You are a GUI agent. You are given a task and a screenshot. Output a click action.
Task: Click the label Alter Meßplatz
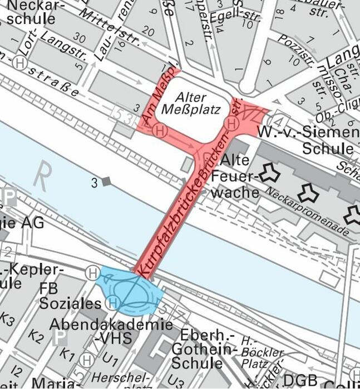(190, 103)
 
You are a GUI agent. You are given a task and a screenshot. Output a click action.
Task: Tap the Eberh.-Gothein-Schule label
(200, 349)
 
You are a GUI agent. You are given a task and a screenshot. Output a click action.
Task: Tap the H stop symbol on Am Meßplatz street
(160, 131)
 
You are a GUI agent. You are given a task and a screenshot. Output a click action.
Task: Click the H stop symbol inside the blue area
(113, 303)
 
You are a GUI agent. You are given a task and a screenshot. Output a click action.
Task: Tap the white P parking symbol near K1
(58, 337)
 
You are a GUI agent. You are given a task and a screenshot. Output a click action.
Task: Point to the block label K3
(7, 318)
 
